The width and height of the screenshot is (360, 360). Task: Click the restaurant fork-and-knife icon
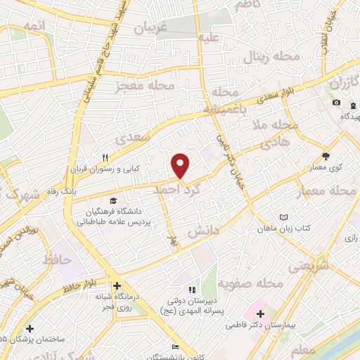pos(105,157)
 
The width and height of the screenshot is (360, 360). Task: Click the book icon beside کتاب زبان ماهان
pos(284,217)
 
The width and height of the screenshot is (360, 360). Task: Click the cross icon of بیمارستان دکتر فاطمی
pos(261,314)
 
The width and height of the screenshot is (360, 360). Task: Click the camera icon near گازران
pos(337,103)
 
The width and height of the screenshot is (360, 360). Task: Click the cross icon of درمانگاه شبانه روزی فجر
pos(117,286)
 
